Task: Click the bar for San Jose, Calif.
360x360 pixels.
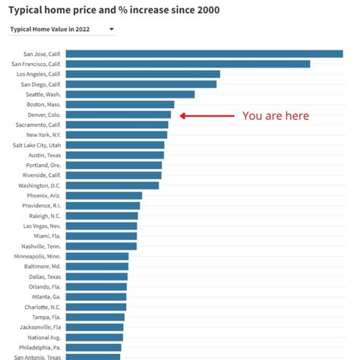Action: [204, 54]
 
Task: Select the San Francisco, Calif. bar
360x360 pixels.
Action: [188, 64]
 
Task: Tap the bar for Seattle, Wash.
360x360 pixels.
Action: [130, 94]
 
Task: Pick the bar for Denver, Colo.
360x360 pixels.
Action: [118, 115]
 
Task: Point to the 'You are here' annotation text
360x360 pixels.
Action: [276, 116]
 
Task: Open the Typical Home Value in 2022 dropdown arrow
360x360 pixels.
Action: [112, 30]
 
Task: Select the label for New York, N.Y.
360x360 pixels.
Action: [43, 134]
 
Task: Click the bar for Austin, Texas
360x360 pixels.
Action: [115, 155]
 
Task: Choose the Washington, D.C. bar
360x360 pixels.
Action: [112, 185]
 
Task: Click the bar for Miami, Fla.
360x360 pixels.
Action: [101, 235]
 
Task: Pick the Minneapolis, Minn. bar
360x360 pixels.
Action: [97, 256]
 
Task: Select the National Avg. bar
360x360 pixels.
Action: [94, 337]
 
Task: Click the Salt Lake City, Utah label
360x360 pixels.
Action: [37, 145]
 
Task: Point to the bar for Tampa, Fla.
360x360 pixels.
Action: [95, 317]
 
